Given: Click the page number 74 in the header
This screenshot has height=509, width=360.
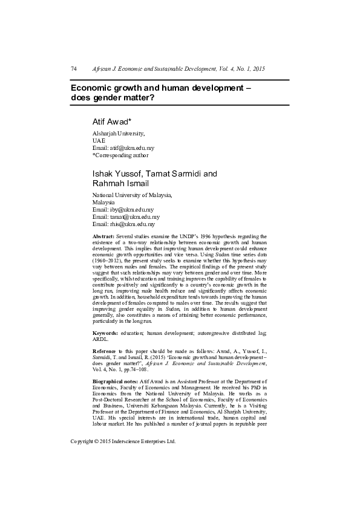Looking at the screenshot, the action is click(x=74, y=70).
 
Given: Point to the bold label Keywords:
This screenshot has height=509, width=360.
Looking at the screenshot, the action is click(x=104, y=333).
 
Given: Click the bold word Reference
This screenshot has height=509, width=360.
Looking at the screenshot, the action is click(x=104, y=351).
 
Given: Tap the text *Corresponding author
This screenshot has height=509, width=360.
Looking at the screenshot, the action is click(x=120, y=154).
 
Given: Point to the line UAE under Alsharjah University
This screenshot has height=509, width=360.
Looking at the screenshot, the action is click(x=98, y=140).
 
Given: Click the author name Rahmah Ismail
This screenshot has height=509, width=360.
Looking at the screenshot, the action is click(x=120, y=183).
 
